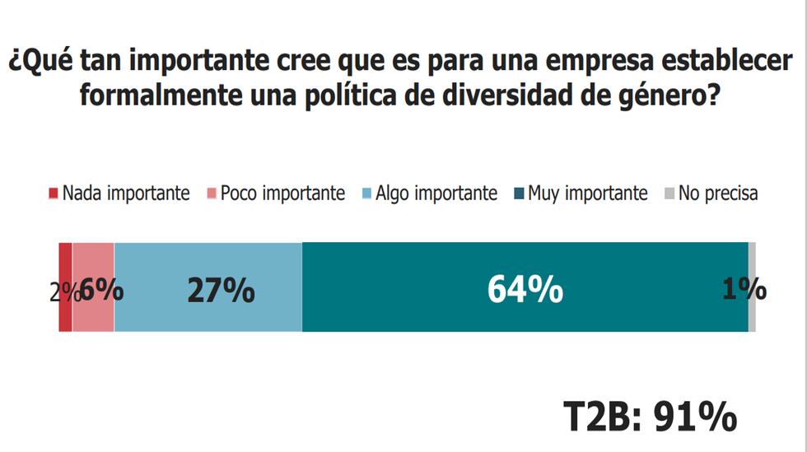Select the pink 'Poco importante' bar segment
click(93, 317)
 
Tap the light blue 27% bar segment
click(208, 317)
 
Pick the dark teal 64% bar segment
click(525, 317)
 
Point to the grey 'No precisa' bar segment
click(752, 317)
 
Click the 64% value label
click(525, 291)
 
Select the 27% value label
click(221, 291)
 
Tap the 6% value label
click(102, 291)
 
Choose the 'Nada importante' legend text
click(126, 194)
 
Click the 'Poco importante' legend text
click(282, 194)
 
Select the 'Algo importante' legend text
click(436, 194)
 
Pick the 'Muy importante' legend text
click(588, 194)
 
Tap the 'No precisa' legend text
click(718, 194)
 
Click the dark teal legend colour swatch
click(519, 194)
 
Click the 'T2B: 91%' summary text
click(650, 417)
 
